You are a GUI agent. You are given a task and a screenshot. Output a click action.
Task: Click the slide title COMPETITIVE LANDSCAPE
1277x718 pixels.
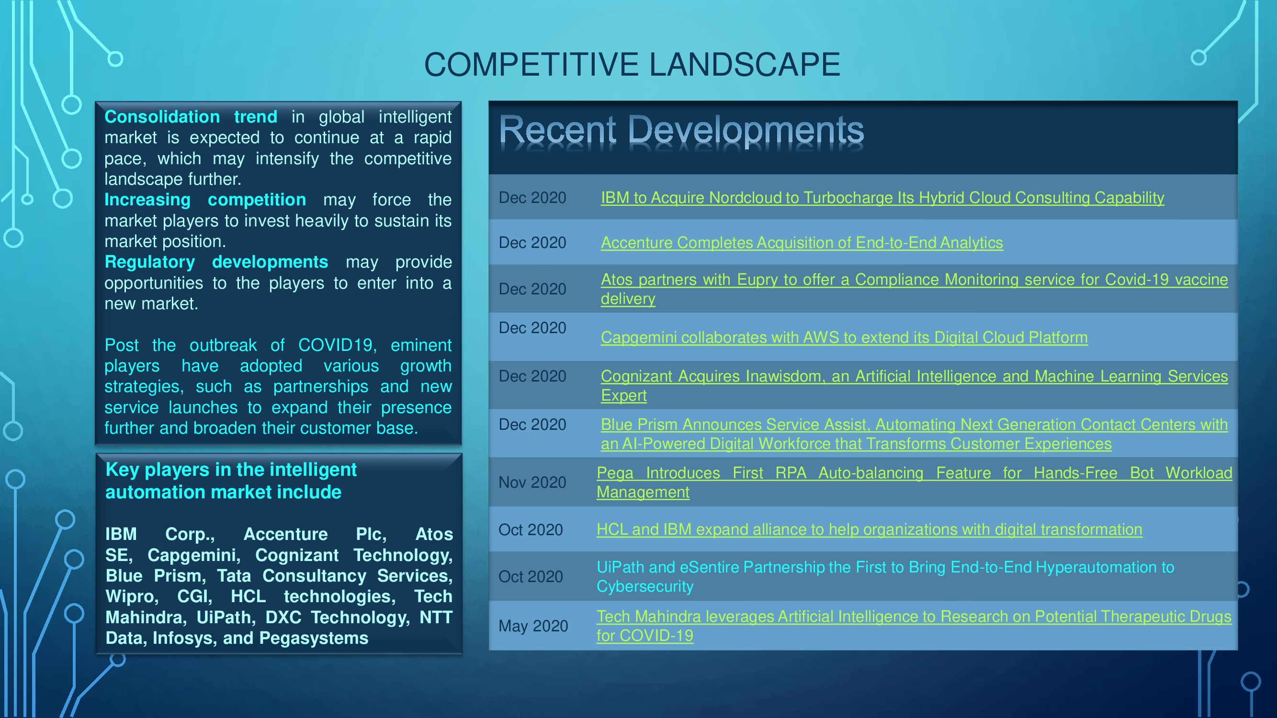pyautogui.click(x=632, y=65)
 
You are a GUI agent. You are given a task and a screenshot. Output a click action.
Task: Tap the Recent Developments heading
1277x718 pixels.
pyautogui.click(x=681, y=130)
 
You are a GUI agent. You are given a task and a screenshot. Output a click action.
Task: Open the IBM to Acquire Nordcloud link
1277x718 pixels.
pyautogui.click(x=882, y=198)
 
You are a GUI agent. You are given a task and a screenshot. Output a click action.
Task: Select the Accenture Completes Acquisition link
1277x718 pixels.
pyautogui.click(x=802, y=242)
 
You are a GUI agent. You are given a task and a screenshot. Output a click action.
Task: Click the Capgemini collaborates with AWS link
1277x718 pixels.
pyautogui.click(x=844, y=337)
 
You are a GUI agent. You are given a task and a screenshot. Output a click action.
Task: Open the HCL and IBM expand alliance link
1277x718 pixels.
pyautogui.click(x=869, y=529)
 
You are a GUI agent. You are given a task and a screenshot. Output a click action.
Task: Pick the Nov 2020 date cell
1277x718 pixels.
pyautogui.click(x=532, y=482)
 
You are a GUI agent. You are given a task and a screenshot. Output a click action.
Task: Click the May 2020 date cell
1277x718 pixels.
pyautogui.click(x=533, y=626)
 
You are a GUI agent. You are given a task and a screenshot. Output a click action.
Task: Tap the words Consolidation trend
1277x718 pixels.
pyautogui.click(x=191, y=117)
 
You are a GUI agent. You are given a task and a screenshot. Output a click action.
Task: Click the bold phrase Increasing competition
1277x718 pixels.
pyautogui.click(x=205, y=200)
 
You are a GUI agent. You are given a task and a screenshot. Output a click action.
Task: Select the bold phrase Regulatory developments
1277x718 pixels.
pyautogui.click(x=216, y=262)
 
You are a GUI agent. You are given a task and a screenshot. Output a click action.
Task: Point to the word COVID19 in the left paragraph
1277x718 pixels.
pyautogui.click(x=335, y=345)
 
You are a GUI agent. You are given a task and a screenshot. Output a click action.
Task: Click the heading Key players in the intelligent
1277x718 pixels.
pyautogui.click(x=231, y=470)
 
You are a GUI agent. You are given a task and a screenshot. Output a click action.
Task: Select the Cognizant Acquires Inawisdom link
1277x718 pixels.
pyautogui.click(x=914, y=385)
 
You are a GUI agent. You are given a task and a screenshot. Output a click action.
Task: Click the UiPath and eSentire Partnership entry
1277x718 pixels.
pyautogui.click(x=885, y=576)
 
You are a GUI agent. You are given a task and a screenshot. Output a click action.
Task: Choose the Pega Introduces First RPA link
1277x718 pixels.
pyautogui.click(x=914, y=482)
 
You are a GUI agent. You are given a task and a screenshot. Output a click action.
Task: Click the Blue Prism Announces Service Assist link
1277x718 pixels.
pyautogui.click(x=914, y=434)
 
